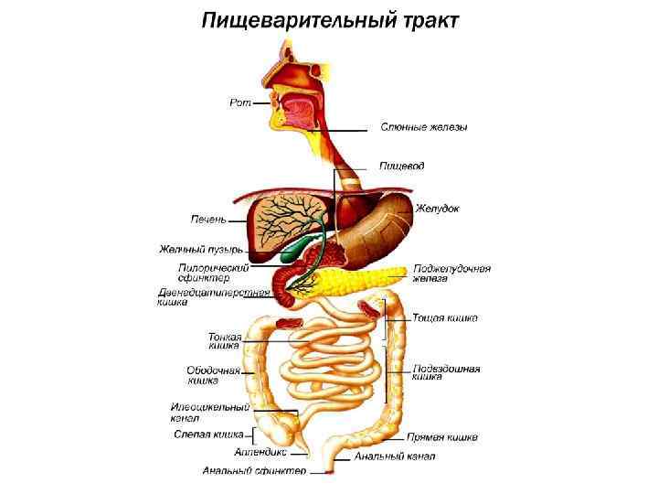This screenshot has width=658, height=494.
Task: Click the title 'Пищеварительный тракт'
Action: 330,20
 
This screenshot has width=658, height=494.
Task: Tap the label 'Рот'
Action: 239,102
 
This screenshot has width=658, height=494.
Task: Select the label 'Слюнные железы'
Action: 424,127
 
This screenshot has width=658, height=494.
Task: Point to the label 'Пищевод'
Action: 402,166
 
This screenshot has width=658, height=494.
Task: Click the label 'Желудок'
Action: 437,209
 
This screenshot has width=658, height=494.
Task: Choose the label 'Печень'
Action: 208,220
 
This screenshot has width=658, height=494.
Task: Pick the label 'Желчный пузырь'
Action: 200,248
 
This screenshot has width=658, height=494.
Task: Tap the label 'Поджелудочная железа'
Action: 451,274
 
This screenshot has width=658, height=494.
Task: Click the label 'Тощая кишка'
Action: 445,318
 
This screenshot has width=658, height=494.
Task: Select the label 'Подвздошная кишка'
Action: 447,371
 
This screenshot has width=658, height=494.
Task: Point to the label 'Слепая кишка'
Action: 208,434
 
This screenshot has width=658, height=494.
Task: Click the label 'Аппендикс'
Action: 260,451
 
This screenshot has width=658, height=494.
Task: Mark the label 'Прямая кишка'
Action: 442,438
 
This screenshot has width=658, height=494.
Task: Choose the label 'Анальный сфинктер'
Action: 255,471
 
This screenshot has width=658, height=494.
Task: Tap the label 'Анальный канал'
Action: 395,456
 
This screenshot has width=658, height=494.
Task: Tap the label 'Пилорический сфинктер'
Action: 214,273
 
